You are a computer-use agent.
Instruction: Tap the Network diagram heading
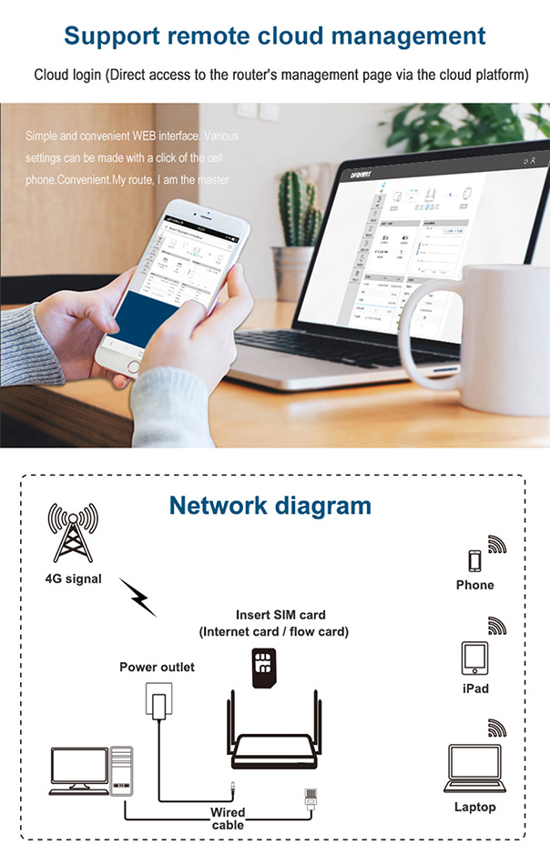270,506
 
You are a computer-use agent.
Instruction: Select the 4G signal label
73,578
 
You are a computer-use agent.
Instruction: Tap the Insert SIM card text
280,615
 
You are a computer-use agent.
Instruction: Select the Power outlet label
158,667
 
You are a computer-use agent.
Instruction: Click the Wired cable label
228,818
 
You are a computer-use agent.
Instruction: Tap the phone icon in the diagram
474,560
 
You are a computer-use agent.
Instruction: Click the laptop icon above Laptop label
474,769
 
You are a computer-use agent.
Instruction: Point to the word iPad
474,688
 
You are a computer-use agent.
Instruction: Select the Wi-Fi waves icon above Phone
497,545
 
